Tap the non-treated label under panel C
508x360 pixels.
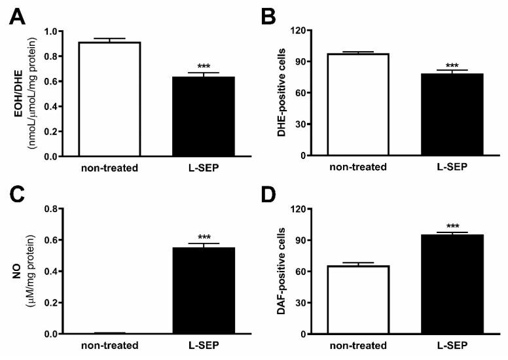tap(109, 347)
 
